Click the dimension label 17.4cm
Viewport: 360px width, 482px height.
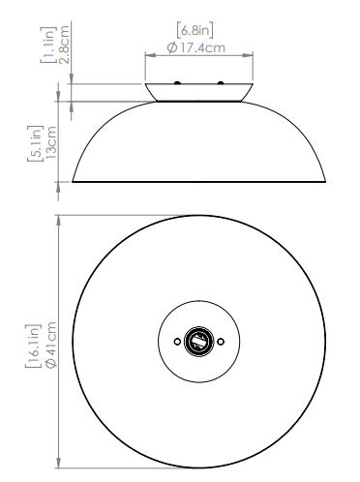click(202, 48)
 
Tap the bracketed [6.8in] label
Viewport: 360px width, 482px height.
click(195, 30)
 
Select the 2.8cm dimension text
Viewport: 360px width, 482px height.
click(65, 45)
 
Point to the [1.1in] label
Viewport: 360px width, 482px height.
click(48, 45)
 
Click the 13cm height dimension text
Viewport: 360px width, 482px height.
click(51, 142)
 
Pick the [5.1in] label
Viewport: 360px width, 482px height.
click(35, 143)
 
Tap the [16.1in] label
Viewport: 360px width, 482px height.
click(33, 346)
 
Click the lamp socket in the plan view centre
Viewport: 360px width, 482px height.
click(198, 341)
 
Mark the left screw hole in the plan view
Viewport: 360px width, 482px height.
click(177, 342)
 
